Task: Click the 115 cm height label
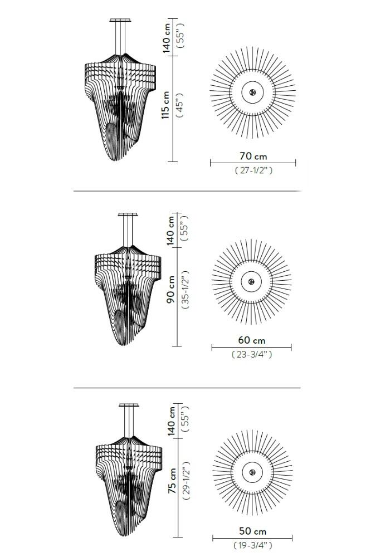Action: tap(166, 105)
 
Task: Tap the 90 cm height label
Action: tap(171, 289)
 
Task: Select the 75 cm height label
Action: tap(172, 480)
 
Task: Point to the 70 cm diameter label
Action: tap(253, 156)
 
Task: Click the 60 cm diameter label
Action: tap(252, 340)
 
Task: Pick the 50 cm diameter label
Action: tap(253, 531)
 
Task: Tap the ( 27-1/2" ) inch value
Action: tap(253, 170)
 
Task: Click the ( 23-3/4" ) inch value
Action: tap(252, 354)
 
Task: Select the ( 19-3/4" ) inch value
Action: tap(253, 545)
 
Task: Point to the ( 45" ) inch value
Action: tap(180, 105)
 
